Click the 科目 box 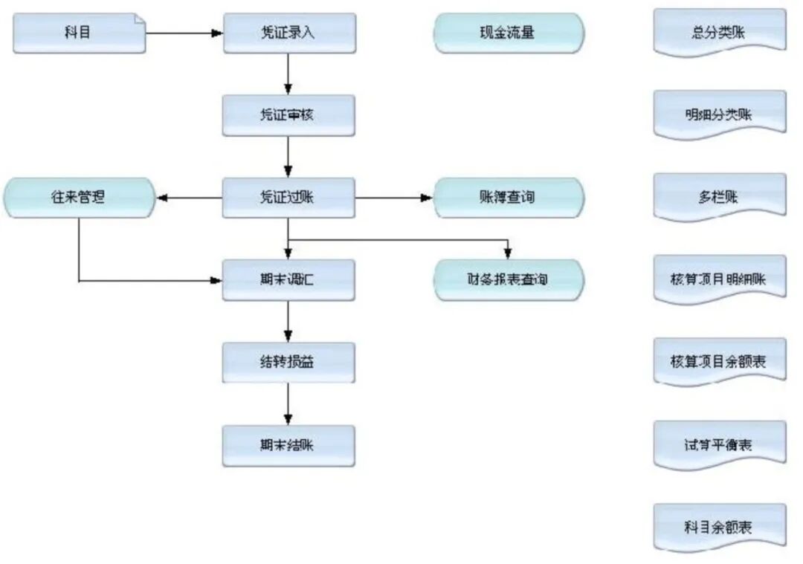79,33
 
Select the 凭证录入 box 288,33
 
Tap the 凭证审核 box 288,115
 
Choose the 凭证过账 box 288,198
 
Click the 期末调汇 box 288,280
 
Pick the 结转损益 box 288,363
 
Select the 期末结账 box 288,445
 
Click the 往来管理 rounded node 79,198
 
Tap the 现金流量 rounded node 509,33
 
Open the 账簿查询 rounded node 509,198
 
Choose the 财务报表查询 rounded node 509,280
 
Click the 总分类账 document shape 719,33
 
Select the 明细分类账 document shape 719,115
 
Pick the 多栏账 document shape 719,198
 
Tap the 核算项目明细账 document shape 719,280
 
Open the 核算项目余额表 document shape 719,363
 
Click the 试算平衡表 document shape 719,445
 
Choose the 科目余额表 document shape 719,528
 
